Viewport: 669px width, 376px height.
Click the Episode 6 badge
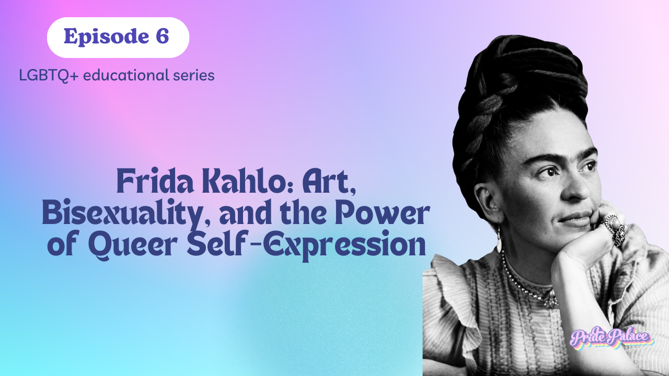[118, 37]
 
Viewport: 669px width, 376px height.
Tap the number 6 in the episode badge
[162, 37]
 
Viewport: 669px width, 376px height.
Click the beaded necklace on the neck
[528, 285]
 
